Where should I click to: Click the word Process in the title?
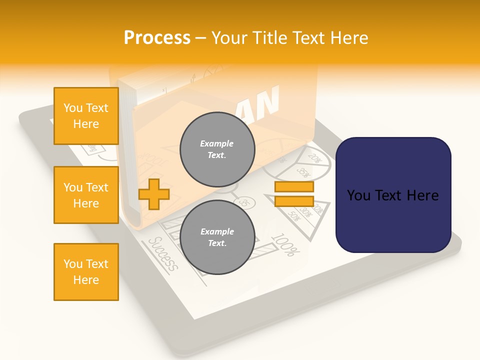click(x=157, y=37)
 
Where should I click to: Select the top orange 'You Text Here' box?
click(x=86, y=116)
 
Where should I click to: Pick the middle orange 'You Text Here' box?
click(x=86, y=195)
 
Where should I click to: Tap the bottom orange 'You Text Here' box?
click(x=86, y=272)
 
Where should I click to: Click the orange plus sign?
click(x=153, y=194)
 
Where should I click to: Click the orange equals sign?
click(x=294, y=194)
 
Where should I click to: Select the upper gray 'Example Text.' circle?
click(x=217, y=149)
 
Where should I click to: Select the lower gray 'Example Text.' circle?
click(x=217, y=237)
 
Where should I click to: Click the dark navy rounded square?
click(x=393, y=195)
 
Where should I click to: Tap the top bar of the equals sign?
click(x=294, y=187)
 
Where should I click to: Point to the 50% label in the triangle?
click(x=293, y=216)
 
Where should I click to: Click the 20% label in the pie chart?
click(x=314, y=158)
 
